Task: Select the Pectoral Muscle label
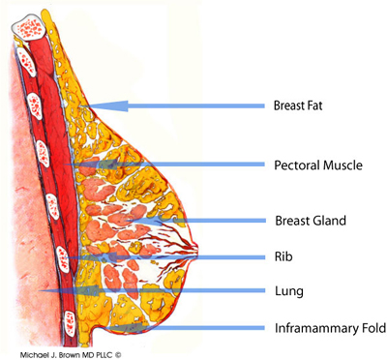coord(318,165)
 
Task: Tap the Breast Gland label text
coord(311,221)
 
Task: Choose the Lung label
coord(289,289)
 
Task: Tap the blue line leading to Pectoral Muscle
coord(184,165)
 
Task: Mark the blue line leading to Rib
coord(174,256)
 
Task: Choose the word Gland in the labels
coord(329,221)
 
